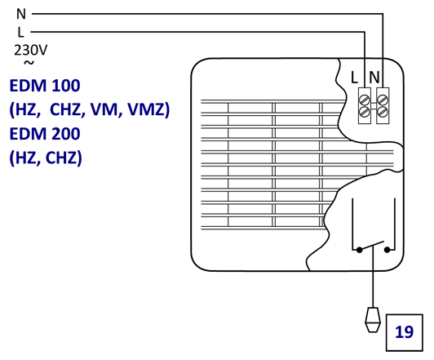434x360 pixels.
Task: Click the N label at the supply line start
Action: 21,14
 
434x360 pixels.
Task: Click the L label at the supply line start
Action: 21,33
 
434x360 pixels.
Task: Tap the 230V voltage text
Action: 31,50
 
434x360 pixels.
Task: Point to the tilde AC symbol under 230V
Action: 29,63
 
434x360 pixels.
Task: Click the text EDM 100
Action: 45,86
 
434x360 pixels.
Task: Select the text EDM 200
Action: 45,134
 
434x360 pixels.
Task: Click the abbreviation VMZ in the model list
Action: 148,109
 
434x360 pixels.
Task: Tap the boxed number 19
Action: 405,332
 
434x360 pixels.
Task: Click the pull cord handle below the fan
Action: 373,319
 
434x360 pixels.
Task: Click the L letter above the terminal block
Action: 354,78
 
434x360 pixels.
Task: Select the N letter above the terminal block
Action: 374,78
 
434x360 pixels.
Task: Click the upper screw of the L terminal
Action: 365,100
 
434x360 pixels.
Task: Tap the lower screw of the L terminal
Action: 365,112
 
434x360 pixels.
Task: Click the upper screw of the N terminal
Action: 383,100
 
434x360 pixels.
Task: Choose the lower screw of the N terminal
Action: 383,112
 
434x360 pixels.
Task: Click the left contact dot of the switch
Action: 359,250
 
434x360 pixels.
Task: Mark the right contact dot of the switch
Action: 387,250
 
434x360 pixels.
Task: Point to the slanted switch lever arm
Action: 372,246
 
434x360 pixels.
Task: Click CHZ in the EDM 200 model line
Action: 64,158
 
